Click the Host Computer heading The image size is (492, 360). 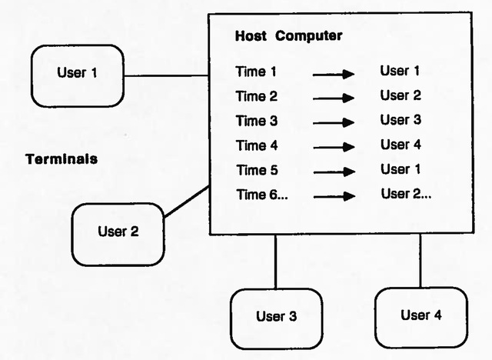288,36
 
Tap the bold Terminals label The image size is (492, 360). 61,159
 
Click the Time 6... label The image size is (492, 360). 261,195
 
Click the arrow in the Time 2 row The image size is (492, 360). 333,98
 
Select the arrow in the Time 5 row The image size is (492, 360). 333,172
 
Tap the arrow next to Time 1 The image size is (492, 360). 333,74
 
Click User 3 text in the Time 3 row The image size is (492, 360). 401,120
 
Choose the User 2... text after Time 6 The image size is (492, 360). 406,194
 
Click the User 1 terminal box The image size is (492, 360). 77,75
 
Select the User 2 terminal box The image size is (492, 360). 118,234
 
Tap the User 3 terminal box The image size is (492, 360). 276,318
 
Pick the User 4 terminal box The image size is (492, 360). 421,316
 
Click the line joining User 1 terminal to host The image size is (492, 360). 167,75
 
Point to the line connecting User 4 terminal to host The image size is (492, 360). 420,261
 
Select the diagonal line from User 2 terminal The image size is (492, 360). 187,201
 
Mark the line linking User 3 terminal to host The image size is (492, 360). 275,262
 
